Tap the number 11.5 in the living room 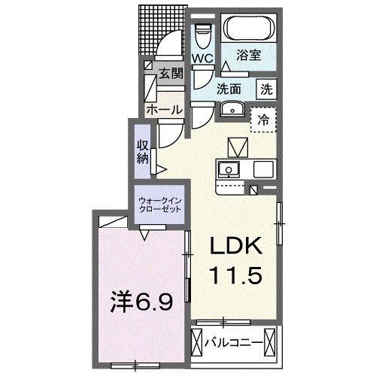(234, 277)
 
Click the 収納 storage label (143, 152)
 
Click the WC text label (203, 58)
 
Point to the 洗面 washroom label (229, 88)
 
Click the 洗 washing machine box (266, 88)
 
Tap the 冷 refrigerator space (264, 119)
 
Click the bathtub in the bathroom (247, 31)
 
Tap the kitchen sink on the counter (229, 168)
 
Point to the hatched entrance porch (159, 30)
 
